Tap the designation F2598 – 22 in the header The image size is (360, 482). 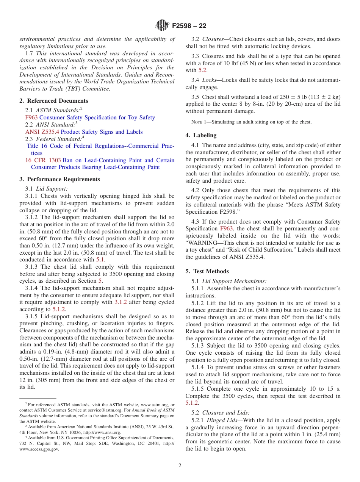(189, 26)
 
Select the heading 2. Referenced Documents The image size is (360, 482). (54, 101)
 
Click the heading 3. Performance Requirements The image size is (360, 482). (60, 179)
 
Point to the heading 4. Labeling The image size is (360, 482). (201, 135)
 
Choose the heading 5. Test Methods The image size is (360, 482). (207, 271)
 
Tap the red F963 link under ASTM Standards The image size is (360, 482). (31, 117)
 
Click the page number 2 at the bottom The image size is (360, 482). (180, 466)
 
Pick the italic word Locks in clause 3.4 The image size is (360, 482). (209, 80)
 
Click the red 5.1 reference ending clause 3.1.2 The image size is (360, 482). (100, 260)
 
